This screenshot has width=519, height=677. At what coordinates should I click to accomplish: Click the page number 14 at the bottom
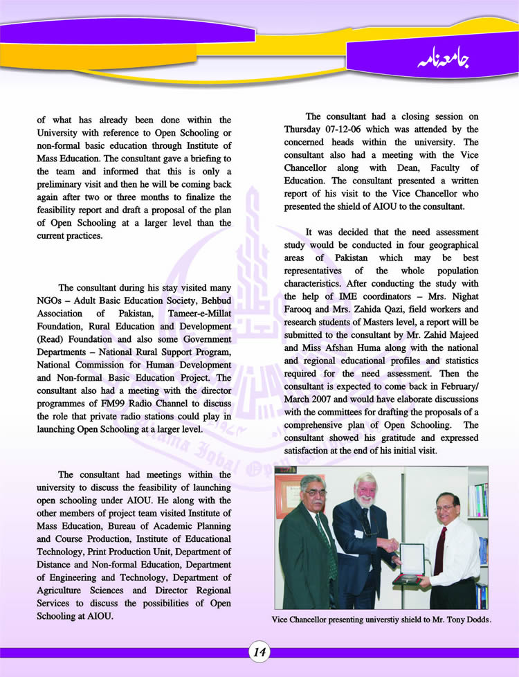click(259, 651)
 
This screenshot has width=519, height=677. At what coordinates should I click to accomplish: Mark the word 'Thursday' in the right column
click(305, 129)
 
